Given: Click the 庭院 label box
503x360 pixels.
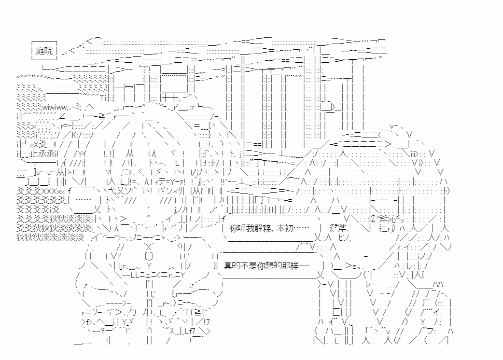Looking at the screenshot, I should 44,50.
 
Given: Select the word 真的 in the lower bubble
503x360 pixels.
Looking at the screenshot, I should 231,265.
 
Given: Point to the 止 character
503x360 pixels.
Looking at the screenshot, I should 34,154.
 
